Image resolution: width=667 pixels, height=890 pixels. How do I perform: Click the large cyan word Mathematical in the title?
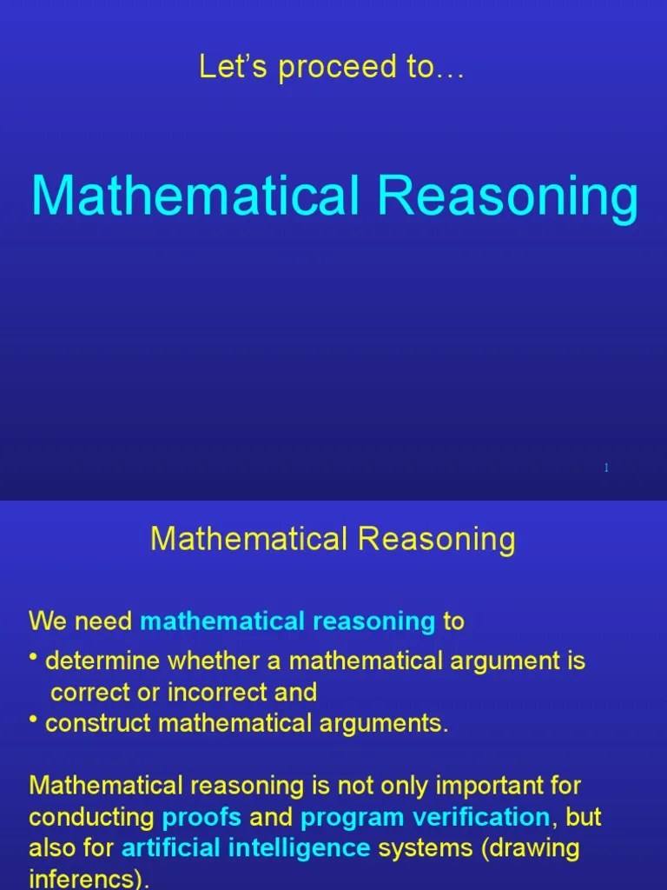pyautogui.click(x=195, y=196)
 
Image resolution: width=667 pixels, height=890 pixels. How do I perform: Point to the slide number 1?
pyautogui.click(x=606, y=468)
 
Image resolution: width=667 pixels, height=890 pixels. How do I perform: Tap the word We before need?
pyautogui.click(x=45, y=621)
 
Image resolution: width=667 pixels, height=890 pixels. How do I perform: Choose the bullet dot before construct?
pyautogui.click(x=33, y=718)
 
